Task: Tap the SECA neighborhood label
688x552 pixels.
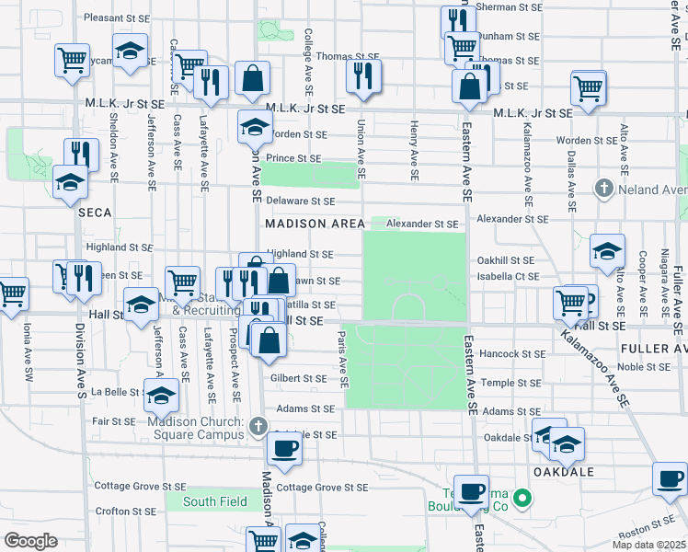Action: click(95, 213)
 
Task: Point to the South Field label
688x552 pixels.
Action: click(214, 501)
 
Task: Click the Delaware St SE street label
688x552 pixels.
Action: click(300, 201)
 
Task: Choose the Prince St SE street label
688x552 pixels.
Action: click(293, 158)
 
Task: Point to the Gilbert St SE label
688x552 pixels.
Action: click(298, 378)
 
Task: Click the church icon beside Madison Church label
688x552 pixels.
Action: click(258, 427)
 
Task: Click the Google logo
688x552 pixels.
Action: click(30, 541)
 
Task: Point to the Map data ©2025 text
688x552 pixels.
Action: click(648, 545)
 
